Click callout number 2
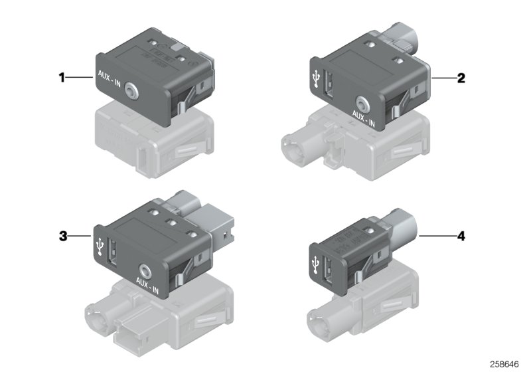click(461, 78)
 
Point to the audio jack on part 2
click(362, 104)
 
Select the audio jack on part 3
click(145, 270)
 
